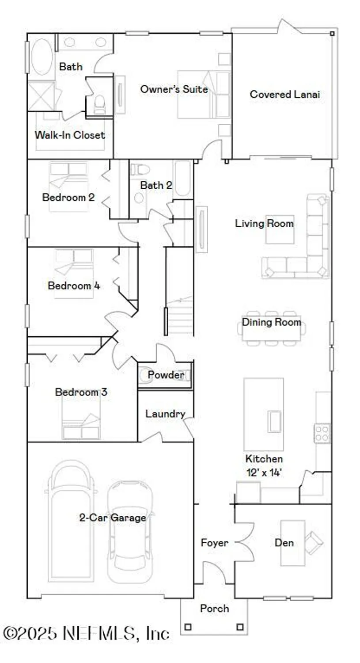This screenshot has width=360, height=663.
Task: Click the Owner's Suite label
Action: coord(174,89)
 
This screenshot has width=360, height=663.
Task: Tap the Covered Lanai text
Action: coord(284,94)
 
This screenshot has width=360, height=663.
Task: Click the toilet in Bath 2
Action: coord(140,170)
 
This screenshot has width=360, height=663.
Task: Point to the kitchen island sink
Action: coord(274,421)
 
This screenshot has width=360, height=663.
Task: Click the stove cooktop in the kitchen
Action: coord(322,433)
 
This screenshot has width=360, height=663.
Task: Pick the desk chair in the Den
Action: coord(314,542)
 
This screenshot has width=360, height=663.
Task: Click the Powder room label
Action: coord(166,375)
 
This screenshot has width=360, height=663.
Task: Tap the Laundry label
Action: coord(165,414)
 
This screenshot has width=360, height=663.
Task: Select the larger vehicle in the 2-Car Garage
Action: coord(72,522)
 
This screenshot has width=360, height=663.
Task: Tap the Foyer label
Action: coord(215,543)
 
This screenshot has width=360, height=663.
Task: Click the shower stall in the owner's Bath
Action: coord(41,96)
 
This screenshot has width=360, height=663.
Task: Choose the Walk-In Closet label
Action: coord(70,135)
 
